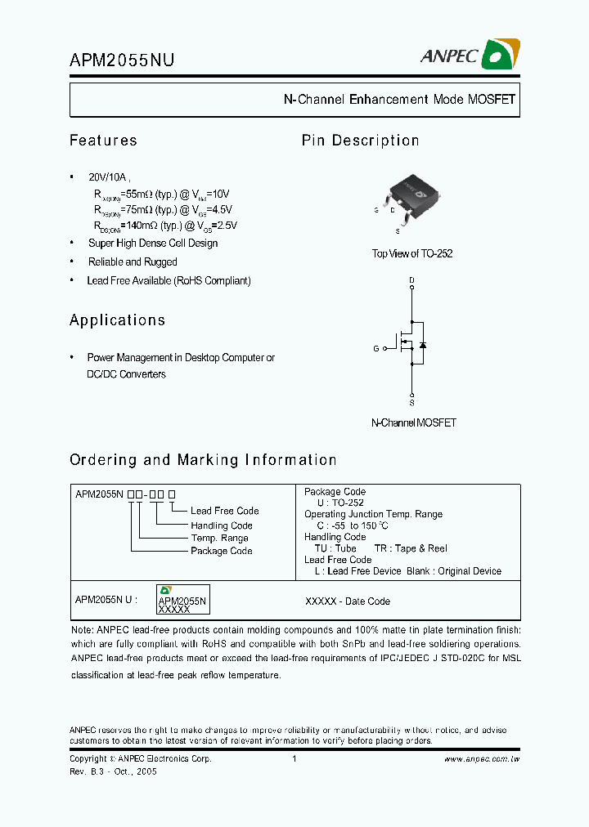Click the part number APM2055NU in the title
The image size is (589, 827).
point(121,60)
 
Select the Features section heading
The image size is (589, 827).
point(103,141)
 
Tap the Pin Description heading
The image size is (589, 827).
point(360,141)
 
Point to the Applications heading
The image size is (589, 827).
point(117,320)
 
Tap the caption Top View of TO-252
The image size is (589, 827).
point(412,254)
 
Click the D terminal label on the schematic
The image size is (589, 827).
point(411,281)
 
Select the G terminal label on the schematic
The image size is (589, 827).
point(375,348)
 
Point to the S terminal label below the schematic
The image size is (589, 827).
point(411,403)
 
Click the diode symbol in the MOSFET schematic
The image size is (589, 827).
point(422,345)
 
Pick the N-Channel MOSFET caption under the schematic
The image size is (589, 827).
point(413,423)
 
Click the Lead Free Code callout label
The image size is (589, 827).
point(224,511)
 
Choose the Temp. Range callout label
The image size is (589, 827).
point(219,538)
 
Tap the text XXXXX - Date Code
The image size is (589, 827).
point(347,601)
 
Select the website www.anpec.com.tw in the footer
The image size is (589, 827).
point(482,759)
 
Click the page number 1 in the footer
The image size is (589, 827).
point(294,759)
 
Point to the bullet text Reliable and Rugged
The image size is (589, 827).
point(133,262)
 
